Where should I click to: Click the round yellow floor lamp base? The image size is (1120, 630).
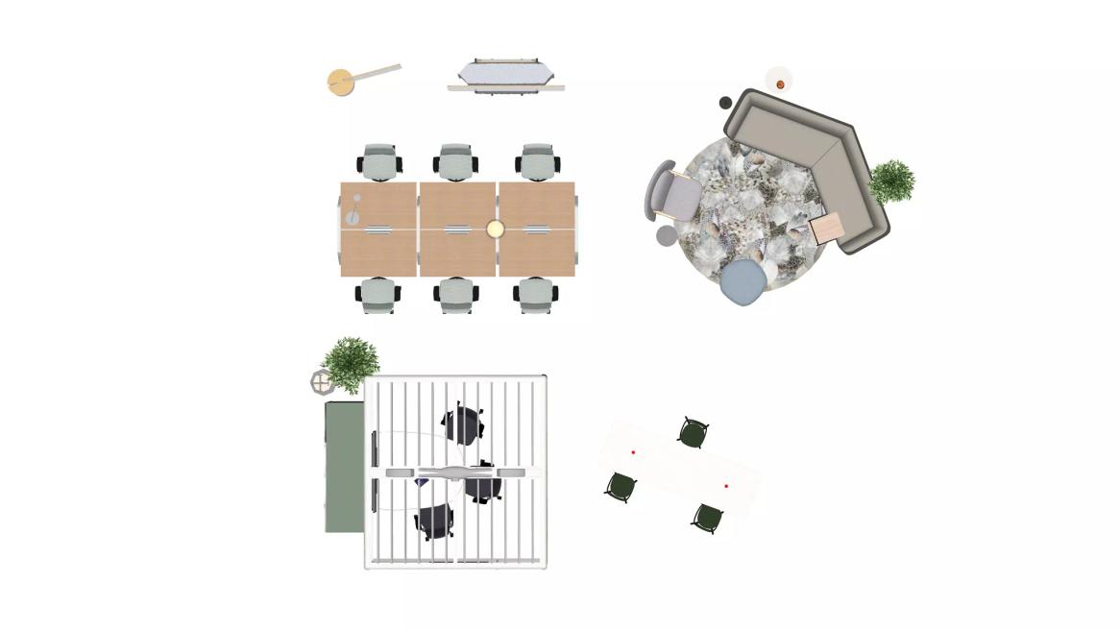(341, 83)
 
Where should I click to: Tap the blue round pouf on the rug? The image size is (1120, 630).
(744, 282)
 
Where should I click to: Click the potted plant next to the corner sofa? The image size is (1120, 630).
(891, 181)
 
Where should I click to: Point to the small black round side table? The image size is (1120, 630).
(725, 103)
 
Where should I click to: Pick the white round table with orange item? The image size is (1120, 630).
(779, 81)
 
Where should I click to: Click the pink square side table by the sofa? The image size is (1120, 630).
(827, 229)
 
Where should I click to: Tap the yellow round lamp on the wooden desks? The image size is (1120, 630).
(495, 229)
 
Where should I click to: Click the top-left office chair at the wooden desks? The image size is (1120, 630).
(379, 162)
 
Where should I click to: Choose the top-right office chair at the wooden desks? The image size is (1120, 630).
(538, 162)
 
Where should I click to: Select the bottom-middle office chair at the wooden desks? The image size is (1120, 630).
(457, 295)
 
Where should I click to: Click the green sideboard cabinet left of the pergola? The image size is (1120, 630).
(344, 467)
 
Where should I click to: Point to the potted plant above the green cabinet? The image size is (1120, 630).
(351, 362)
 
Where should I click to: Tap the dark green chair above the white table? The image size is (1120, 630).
(694, 432)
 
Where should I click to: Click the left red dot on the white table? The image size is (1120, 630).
(633, 452)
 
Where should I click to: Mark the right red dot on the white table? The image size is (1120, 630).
(726, 487)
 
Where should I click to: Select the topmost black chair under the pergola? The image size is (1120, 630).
(463, 424)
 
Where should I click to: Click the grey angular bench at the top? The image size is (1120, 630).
(505, 76)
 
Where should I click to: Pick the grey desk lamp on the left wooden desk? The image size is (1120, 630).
(354, 210)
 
